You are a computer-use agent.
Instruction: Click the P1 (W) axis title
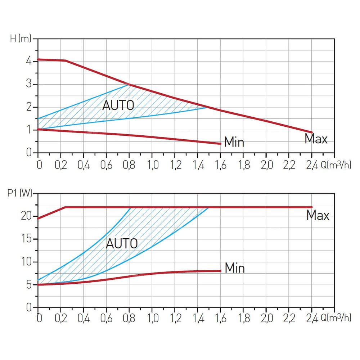pyautogui.click(x=19, y=194)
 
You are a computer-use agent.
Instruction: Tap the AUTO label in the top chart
pyautogui.click(x=118, y=105)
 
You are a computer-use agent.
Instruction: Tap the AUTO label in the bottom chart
pyautogui.click(x=122, y=244)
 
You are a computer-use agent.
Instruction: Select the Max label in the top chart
pyautogui.click(x=316, y=139)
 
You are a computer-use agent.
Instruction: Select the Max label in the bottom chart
pyautogui.click(x=318, y=216)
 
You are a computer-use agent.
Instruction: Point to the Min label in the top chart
pyautogui.click(x=234, y=142)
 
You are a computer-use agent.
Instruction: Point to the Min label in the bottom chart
pyautogui.click(x=235, y=268)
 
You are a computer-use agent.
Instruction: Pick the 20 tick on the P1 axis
pyautogui.click(x=27, y=216)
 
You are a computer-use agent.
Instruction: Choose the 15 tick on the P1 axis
pyautogui.click(x=27, y=239)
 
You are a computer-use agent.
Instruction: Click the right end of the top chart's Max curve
pyautogui.click(x=311, y=132)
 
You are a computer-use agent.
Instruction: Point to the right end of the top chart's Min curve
pyautogui.click(x=220, y=144)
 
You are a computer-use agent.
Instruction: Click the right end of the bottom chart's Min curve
pyautogui.click(x=220, y=271)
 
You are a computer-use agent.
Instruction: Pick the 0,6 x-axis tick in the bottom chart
pyautogui.click(x=106, y=318)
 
